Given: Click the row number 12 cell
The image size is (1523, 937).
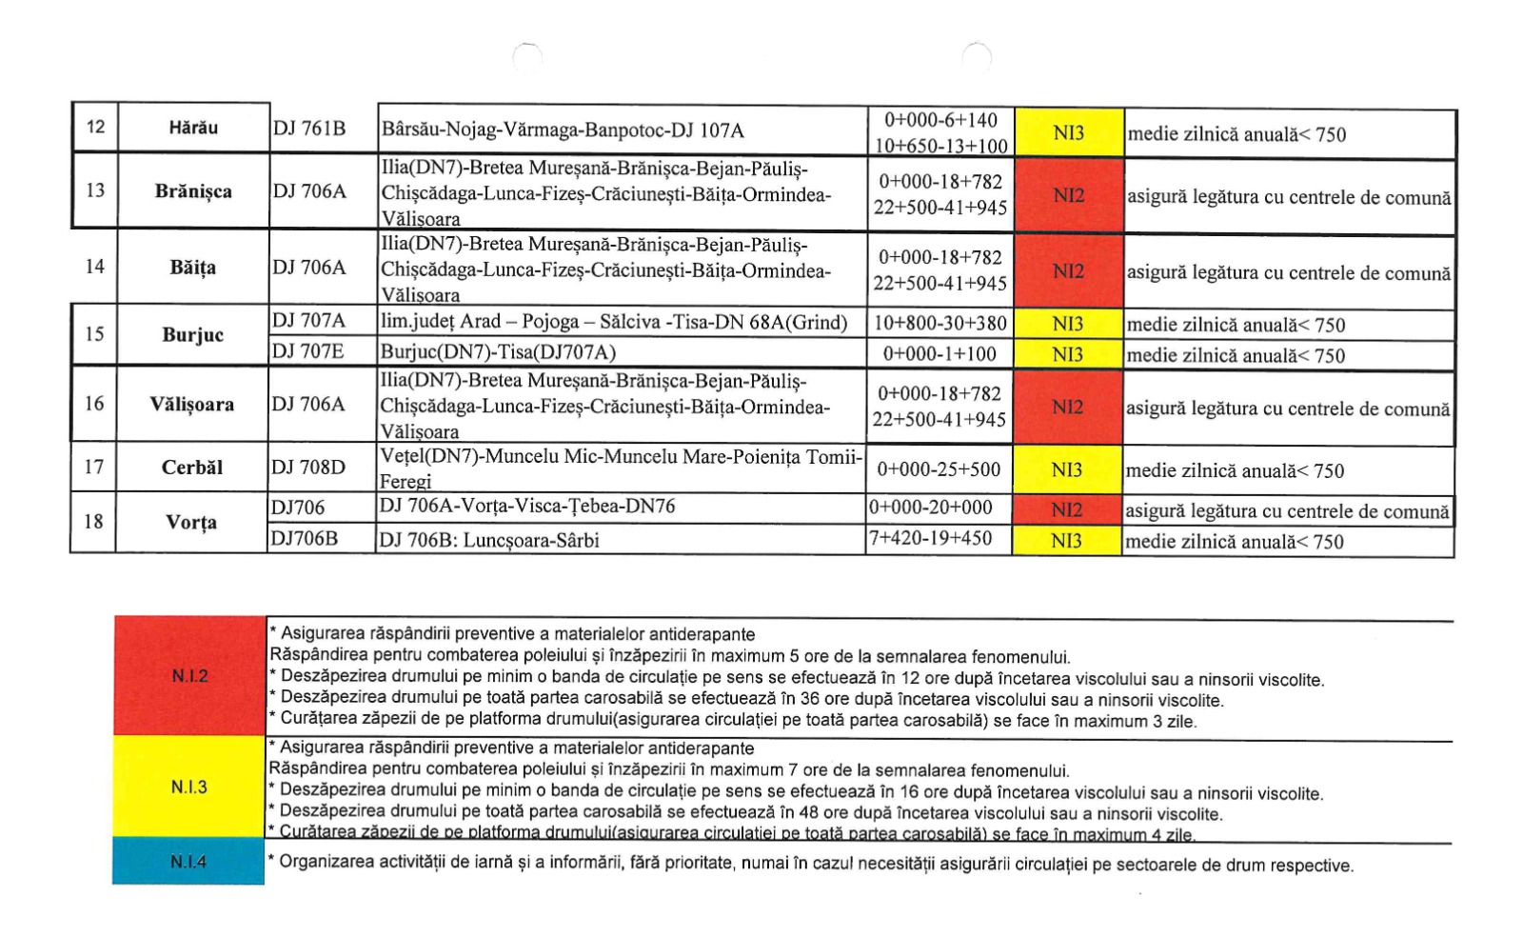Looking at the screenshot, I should tap(95, 127).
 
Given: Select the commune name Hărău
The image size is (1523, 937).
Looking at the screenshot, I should tap(193, 128).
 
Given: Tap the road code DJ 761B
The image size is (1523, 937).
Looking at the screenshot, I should tap(309, 129).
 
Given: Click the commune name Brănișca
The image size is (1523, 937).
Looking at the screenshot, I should tap(193, 190).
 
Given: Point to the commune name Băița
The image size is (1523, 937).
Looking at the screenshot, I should tap(192, 268).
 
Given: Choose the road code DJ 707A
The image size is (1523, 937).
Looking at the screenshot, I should tap(308, 321).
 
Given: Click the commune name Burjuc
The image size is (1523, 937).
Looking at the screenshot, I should tap(192, 335).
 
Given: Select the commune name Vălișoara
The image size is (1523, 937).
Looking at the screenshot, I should tap(191, 405).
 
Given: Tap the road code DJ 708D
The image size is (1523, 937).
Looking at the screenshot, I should tap(308, 468).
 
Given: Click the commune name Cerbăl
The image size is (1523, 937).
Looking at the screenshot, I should tap(191, 468).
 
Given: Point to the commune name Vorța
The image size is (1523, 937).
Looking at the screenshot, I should tap(191, 523).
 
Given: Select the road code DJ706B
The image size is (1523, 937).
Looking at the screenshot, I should tap(304, 539).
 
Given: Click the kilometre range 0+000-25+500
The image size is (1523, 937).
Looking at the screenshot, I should tap(938, 469).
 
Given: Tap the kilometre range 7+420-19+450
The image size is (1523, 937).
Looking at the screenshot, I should tap(930, 539).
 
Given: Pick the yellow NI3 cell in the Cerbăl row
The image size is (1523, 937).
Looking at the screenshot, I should tap(1067, 469).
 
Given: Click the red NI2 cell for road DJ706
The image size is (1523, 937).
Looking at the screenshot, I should tap(1067, 510).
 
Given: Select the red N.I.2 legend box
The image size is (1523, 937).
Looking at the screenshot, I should tap(189, 676).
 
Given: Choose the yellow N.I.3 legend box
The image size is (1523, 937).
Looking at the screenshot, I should tap(188, 787).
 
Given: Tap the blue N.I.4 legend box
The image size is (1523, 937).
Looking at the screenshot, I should tap(188, 862).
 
